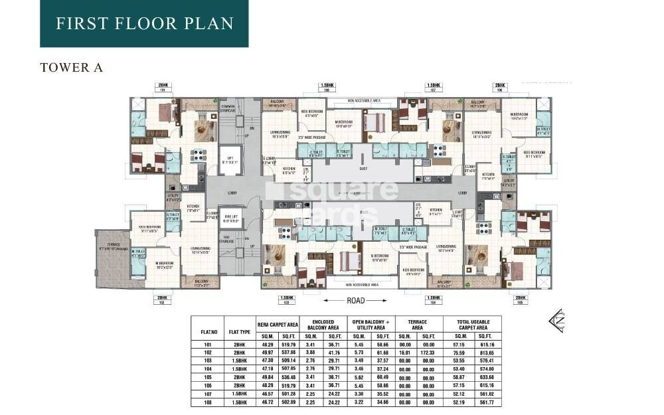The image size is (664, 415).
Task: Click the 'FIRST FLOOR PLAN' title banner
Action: coord(144,24)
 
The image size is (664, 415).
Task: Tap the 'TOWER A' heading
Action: coord(71,68)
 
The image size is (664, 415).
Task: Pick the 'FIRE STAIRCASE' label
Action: coord(229,238)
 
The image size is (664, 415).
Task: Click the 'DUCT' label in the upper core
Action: coord(363,168)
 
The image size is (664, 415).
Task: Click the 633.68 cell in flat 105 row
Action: coord(486,376)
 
